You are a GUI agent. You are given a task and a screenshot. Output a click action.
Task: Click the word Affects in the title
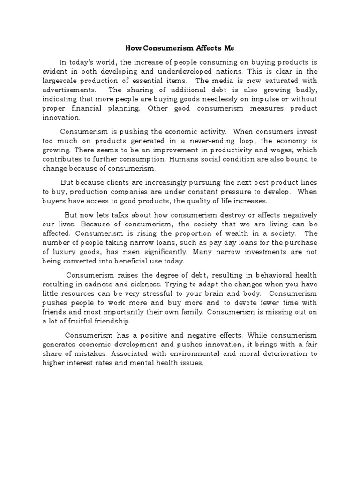pyautogui.click(x=187, y=48)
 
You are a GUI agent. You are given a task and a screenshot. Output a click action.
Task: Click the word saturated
pyautogui.click(x=277, y=81)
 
